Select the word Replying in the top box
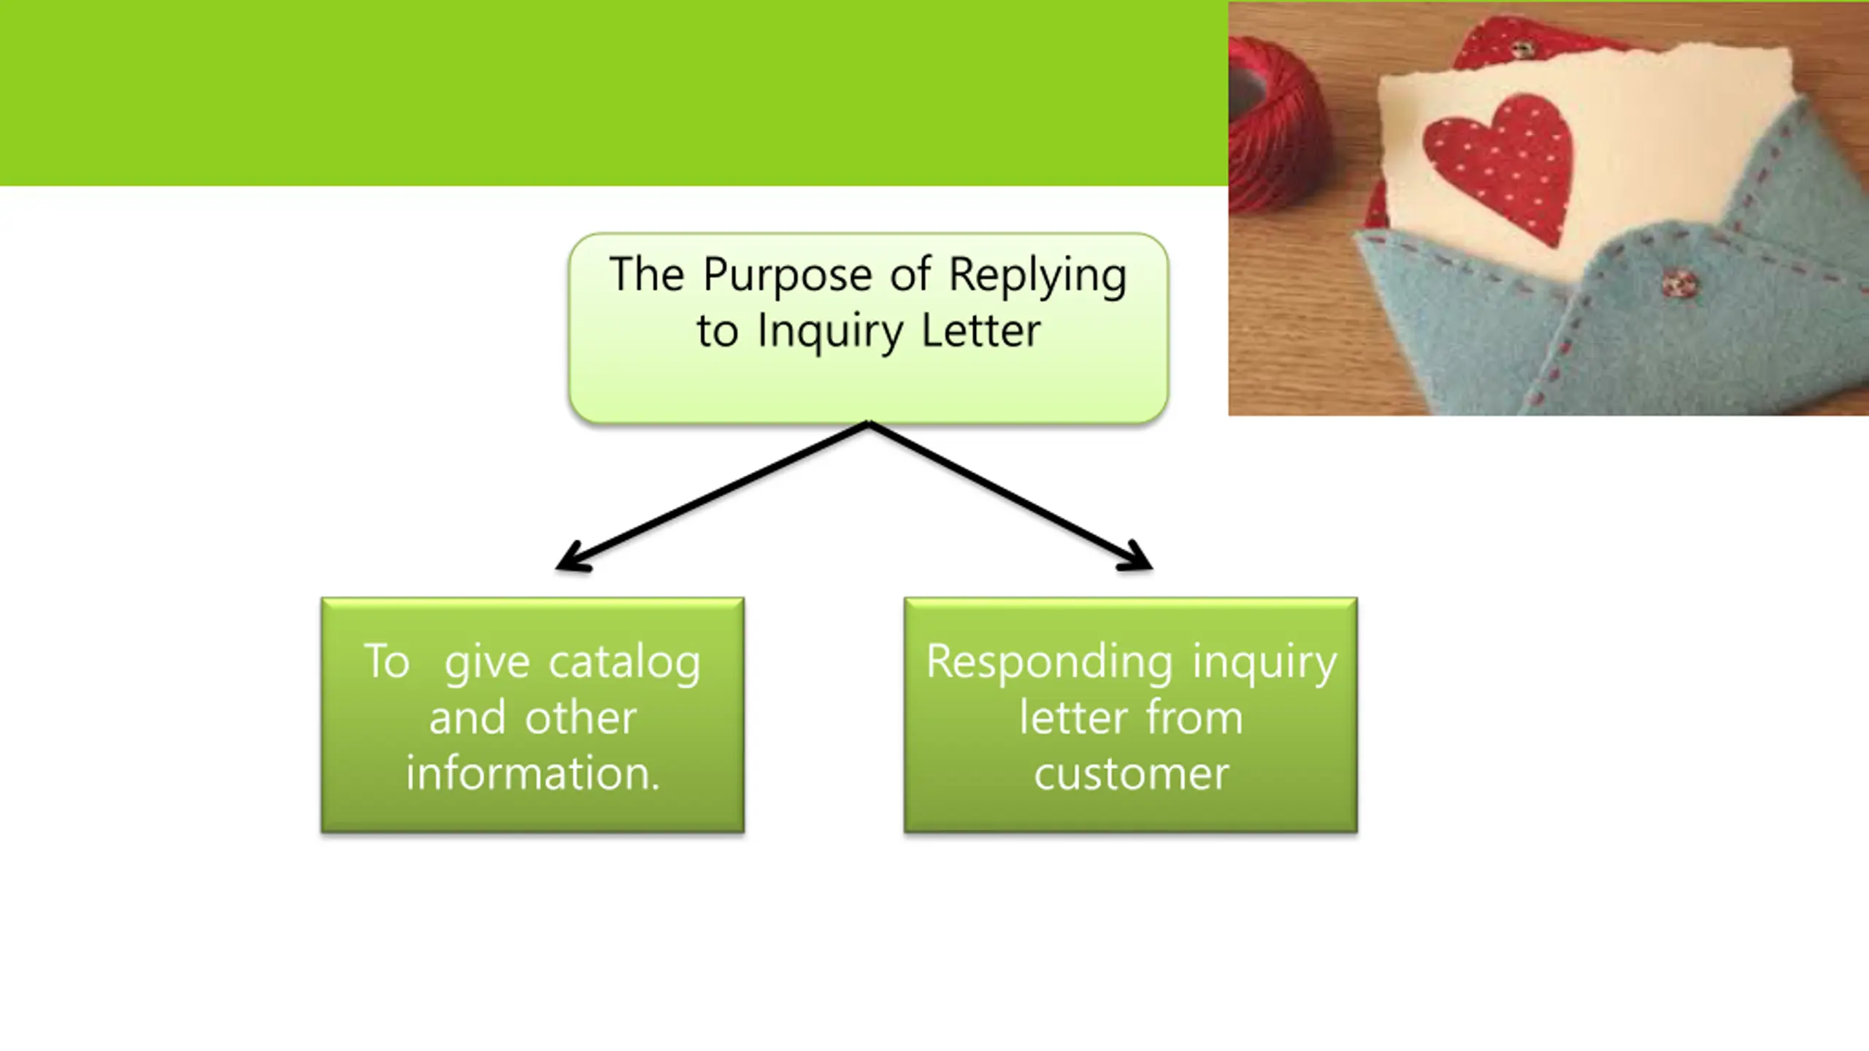click(1037, 276)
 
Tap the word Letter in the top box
click(980, 331)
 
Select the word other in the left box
click(580, 717)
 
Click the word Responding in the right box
click(1049, 663)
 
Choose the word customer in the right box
click(1132, 774)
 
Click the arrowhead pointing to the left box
click(573, 558)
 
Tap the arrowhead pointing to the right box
click(1135, 558)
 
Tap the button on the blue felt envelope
click(1679, 283)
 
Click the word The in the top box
click(647, 275)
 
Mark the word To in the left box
click(386, 662)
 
